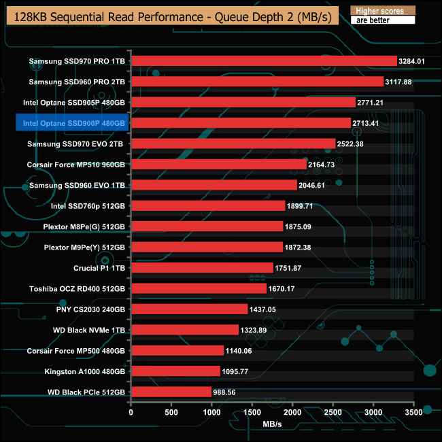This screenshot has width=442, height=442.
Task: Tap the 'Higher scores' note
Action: pyautogui.click(x=382, y=11)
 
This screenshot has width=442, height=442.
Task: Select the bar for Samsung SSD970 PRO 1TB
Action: pyautogui.click(x=263, y=61)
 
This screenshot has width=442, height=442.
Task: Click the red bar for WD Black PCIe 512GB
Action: pyautogui.click(x=171, y=392)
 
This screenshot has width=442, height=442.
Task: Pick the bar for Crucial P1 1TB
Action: pyautogui.click(x=202, y=268)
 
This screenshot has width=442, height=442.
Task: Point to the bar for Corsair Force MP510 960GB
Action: pyautogui.click(x=218, y=165)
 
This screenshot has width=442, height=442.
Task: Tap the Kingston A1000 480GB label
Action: pyautogui.click(x=85, y=371)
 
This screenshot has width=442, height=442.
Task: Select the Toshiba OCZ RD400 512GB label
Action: pyautogui.click(x=77, y=288)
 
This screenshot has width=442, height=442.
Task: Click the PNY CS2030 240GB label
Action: pyautogui.click(x=91, y=309)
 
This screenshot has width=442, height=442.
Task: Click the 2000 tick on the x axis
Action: pyautogui.click(x=292, y=412)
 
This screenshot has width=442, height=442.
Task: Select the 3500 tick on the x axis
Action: pyautogui.click(x=413, y=412)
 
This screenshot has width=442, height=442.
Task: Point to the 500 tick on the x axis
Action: pyautogui.click(x=171, y=412)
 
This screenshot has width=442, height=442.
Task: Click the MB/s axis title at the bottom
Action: pyautogui.click(x=272, y=424)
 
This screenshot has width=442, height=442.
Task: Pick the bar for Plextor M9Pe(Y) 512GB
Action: pyautogui.click(x=207, y=247)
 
